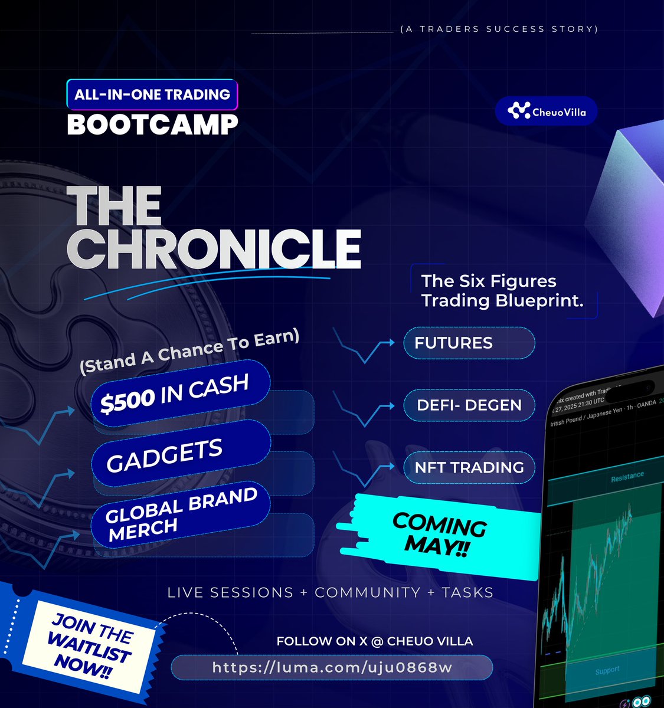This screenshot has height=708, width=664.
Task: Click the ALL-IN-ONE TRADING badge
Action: pyautogui.click(x=152, y=94)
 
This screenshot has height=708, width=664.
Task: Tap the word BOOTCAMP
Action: pyautogui.click(x=152, y=124)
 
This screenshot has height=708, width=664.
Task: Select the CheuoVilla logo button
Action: pyautogui.click(x=546, y=111)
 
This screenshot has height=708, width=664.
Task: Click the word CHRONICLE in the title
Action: pyautogui.click(x=214, y=249)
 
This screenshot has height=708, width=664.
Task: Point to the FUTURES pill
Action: pyautogui.click(x=469, y=343)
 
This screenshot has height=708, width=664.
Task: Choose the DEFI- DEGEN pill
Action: pyautogui.click(x=469, y=405)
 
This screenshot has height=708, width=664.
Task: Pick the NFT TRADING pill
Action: pyautogui.click(x=469, y=467)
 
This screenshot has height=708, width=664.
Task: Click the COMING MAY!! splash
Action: pyautogui.click(x=440, y=533)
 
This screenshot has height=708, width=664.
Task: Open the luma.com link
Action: pyautogui.click(x=332, y=667)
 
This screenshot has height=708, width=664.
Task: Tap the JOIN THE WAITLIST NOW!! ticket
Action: pyautogui.click(x=91, y=647)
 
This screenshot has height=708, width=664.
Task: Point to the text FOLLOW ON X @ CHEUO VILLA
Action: pyautogui.click(x=374, y=641)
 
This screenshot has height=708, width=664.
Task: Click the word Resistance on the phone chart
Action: pyautogui.click(x=627, y=476)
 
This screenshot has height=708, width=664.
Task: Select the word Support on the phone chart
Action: pyautogui.click(x=607, y=670)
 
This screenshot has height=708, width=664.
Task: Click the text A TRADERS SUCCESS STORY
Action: pyautogui.click(x=499, y=29)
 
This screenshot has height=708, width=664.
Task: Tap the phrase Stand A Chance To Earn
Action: pyautogui.click(x=189, y=352)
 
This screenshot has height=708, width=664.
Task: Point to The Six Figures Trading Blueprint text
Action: pyautogui.click(x=502, y=291)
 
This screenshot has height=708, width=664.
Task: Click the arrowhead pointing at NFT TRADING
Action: pyautogui.click(x=391, y=467)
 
